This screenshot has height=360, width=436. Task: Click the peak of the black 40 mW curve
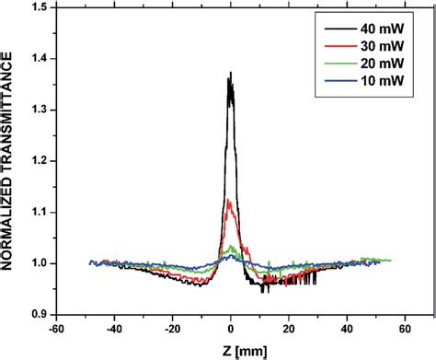pyautogui.click(x=231, y=73)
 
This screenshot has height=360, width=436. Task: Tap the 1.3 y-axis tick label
pyautogui.click(x=40, y=110)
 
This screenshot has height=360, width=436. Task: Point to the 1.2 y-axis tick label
pyautogui.click(x=40, y=161)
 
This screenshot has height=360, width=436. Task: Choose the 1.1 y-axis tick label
pyautogui.click(x=40, y=212)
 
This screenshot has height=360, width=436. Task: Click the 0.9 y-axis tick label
pyautogui.click(x=40, y=314)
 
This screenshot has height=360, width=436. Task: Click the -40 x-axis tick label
pyautogui.click(x=114, y=326)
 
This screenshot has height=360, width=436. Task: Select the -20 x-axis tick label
pyautogui.click(x=172, y=326)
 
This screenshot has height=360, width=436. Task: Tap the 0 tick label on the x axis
pyautogui.click(x=231, y=326)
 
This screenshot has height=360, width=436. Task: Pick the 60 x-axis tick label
pyautogui.click(x=406, y=326)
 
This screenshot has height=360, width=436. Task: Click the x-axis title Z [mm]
pyautogui.click(x=233, y=348)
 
